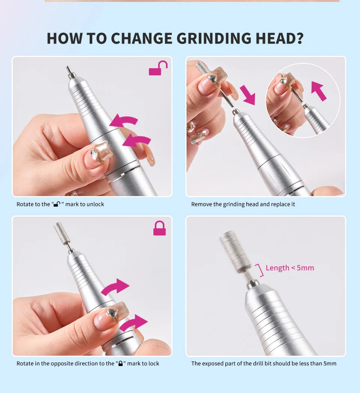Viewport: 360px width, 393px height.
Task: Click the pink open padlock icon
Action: [158, 69]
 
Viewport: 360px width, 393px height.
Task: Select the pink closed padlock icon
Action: [159, 228]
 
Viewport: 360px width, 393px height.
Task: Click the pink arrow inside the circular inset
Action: [318, 91]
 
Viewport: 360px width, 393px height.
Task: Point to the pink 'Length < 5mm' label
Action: [290, 268]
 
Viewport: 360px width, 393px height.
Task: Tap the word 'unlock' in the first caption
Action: [95, 204]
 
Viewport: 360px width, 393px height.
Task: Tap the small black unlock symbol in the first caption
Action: [57, 204]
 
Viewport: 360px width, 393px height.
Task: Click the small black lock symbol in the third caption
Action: [120, 363]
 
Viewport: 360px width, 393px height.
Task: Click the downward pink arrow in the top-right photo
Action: [247, 94]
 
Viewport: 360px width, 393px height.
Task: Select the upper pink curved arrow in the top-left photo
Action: [124, 121]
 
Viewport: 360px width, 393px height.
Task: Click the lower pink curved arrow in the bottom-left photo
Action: [133, 322]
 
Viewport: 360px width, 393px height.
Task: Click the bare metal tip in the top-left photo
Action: [69, 71]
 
